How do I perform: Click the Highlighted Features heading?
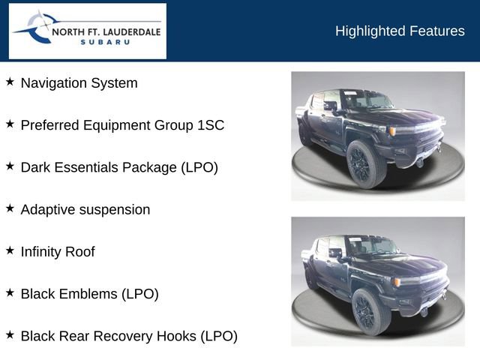400,31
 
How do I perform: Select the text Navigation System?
79,83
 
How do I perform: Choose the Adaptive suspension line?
85,209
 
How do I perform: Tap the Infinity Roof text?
58,251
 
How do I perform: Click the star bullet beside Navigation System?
10,82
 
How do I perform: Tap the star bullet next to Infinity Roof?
10,250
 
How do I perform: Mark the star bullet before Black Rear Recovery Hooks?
10,334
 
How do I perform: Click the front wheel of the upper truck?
366,163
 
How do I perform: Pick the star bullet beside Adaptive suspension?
10,208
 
